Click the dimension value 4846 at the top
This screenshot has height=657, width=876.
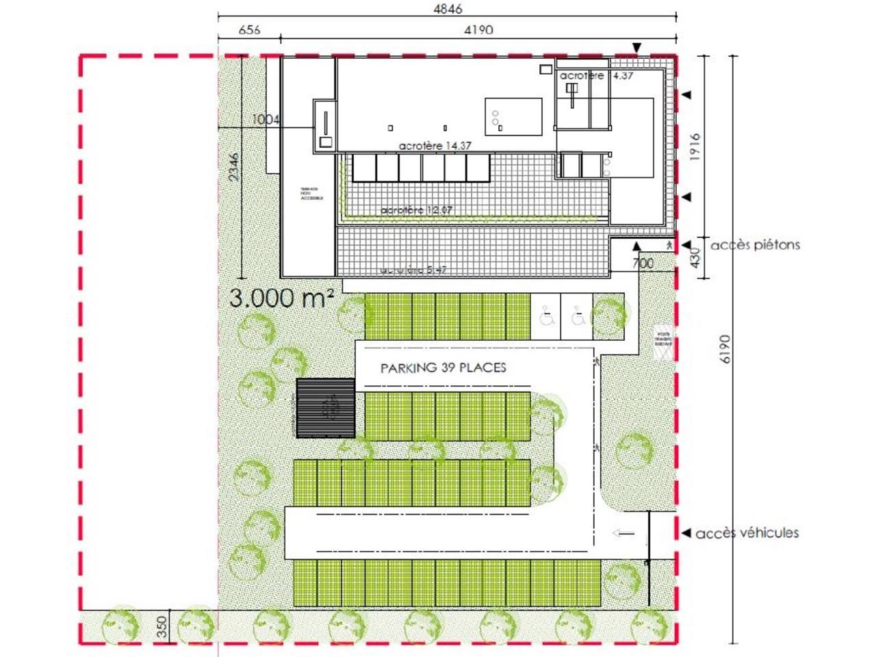(448, 9)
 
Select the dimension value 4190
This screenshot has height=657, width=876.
(478, 30)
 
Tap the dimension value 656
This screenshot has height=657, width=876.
(249, 30)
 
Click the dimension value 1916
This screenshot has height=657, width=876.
(695, 147)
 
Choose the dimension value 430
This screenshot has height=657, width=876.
(695, 258)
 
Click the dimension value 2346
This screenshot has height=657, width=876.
(233, 167)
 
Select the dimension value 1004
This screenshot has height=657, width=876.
(266, 120)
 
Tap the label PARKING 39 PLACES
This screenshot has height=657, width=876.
(443, 368)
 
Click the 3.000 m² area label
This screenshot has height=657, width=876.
(281, 298)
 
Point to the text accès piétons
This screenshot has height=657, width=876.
(755, 245)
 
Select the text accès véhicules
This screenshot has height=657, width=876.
(747, 533)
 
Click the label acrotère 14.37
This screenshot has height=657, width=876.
(435, 146)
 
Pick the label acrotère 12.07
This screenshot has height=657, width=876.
(416, 210)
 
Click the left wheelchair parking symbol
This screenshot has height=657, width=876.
(547, 318)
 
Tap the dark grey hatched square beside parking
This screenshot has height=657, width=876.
(326, 408)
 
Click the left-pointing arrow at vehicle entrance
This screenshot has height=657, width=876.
(623, 533)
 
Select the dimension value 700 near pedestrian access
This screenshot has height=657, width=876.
(642, 263)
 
